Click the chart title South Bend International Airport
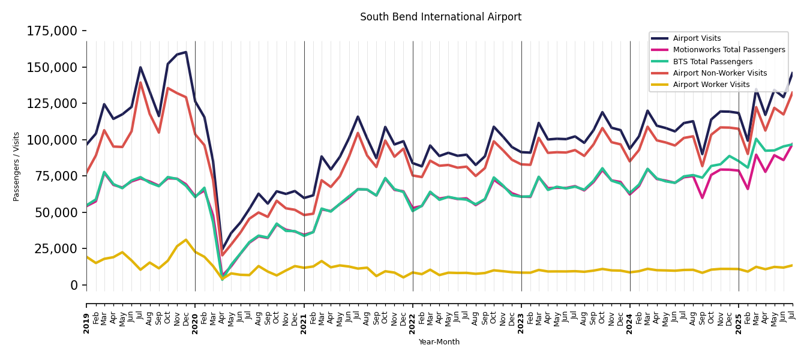point(440,17)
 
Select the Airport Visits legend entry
point(697,39)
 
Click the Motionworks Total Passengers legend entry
point(728,50)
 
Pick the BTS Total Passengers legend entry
point(712,62)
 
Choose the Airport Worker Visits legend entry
point(711,85)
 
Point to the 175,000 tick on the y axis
point(52,31)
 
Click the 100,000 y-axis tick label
point(52,140)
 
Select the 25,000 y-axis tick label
point(56,248)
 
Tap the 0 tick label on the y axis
point(74,285)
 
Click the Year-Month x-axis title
point(439,342)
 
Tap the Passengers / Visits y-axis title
point(17,166)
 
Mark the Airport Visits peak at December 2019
point(186,52)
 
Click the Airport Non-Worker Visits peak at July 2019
point(140,82)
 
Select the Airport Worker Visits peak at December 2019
point(186,240)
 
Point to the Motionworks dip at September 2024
point(702,198)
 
